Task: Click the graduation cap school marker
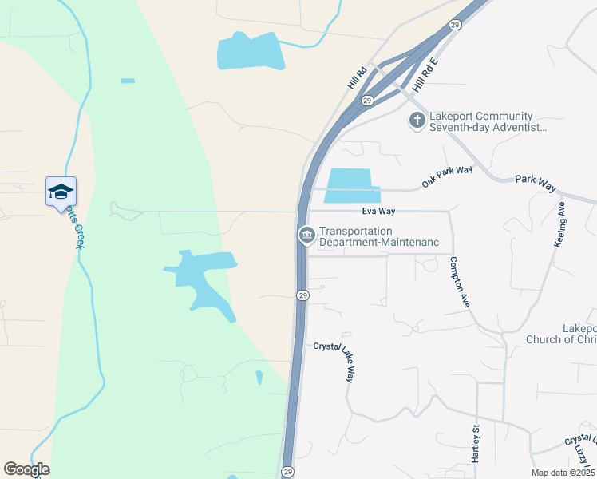61,192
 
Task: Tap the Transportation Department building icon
306,235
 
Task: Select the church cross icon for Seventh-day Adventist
417,121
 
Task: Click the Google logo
26,469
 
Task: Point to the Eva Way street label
379,211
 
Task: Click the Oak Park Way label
448,176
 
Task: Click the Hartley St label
474,439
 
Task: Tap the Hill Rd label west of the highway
357,77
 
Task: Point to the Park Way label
535,183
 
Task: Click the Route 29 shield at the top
453,26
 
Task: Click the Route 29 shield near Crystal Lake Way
302,295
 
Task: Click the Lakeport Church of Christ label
561,334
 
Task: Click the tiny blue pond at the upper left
128,81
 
